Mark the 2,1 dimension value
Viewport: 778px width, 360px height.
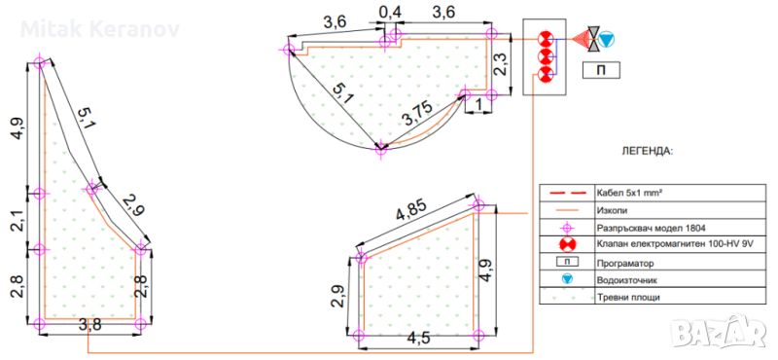(x=17, y=221)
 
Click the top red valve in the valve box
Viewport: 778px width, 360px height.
(x=545, y=37)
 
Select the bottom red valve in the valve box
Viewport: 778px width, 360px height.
(x=545, y=75)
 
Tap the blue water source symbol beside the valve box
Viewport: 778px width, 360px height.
(x=606, y=39)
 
